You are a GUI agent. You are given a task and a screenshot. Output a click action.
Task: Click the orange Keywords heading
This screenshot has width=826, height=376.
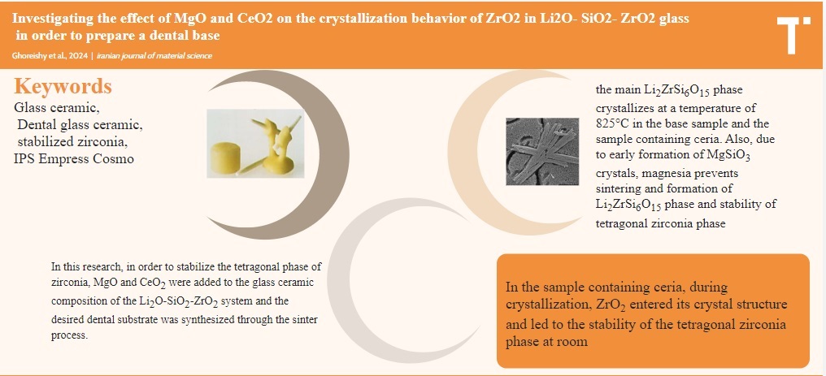coord(63,86)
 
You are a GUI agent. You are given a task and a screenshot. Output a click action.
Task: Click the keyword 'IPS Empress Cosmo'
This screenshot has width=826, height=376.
coord(74,158)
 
